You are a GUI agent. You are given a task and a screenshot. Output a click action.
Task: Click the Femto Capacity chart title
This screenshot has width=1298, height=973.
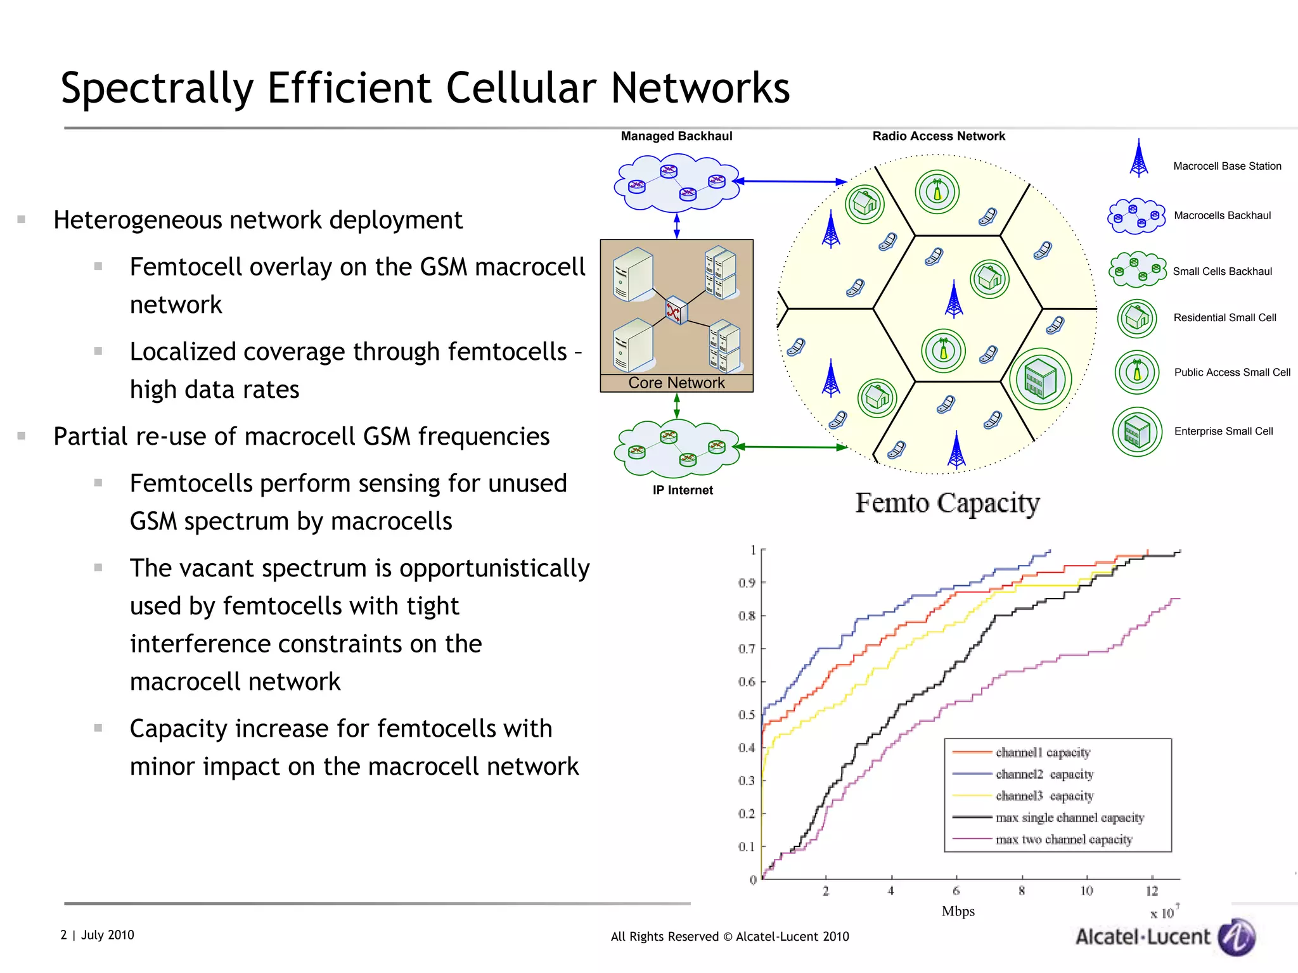pyautogui.click(x=947, y=503)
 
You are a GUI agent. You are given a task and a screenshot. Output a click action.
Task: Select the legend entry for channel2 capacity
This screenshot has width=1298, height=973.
pyautogui.click(x=1044, y=774)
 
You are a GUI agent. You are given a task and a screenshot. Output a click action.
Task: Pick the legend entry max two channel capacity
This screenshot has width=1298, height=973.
pyautogui.click(x=1063, y=839)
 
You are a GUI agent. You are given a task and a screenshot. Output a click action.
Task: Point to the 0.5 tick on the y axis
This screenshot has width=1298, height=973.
pyautogui.click(x=748, y=715)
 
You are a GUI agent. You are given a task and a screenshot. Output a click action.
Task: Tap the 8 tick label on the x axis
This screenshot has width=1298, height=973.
pyautogui.click(x=1022, y=891)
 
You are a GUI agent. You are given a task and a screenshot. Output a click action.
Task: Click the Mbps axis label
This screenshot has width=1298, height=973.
pyautogui.click(x=958, y=912)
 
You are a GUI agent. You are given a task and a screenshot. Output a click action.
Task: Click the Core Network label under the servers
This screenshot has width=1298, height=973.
pyautogui.click(x=676, y=383)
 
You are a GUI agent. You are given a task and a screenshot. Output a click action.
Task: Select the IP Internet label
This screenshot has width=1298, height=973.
pyautogui.click(x=683, y=490)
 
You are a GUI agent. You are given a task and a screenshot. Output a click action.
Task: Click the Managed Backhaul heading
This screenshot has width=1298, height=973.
pyautogui.click(x=676, y=136)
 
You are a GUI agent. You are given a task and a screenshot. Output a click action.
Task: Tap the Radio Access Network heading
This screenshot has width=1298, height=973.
pyautogui.click(x=939, y=136)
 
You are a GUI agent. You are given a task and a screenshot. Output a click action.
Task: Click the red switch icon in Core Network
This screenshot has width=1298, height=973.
pyautogui.click(x=675, y=310)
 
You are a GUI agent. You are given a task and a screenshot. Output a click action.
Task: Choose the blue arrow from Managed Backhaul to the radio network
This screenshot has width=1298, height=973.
pyautogui.click(x=792, y=182)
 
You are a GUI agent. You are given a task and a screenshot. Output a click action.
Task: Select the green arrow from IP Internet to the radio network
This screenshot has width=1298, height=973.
pyautogui.click(x=792, y=447)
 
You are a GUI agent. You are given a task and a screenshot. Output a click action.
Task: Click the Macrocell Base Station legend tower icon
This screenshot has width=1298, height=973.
pyautogui.click(x=1139, y=158)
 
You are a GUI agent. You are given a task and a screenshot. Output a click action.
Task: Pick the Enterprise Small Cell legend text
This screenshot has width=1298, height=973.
pyautogui.click(x=1223, y=431)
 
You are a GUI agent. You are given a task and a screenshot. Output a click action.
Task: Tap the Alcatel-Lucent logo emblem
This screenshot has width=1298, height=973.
pyautogui.click(x=1237, y=937)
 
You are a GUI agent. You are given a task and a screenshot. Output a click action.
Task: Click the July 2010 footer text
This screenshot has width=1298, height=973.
pyautogui.click(x=107, y=935)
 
